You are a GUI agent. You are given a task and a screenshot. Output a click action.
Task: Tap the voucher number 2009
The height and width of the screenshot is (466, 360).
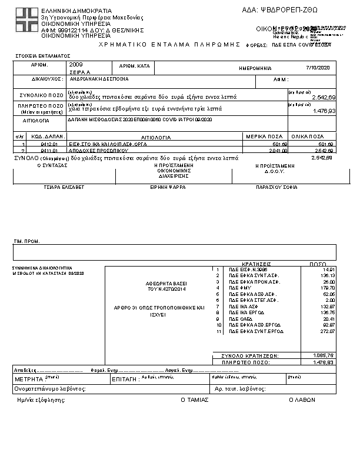pos(76,64)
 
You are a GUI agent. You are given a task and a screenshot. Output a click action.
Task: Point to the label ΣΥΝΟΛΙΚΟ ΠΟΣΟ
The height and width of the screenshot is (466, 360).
pos(39,94)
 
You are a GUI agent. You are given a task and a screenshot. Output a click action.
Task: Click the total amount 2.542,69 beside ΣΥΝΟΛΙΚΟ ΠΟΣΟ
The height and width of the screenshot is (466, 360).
pos(324,97)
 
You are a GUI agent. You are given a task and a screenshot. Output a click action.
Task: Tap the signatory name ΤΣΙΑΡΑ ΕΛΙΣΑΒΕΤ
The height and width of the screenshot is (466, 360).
pos(64,187)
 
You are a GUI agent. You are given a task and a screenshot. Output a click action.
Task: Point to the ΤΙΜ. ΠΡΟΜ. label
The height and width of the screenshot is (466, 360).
pos(26,242)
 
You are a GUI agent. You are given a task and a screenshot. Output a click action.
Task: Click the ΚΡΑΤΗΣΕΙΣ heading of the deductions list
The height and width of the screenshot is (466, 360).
pos(256,264)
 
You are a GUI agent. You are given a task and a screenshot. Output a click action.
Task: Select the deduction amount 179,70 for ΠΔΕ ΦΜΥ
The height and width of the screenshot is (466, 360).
pos(328,288)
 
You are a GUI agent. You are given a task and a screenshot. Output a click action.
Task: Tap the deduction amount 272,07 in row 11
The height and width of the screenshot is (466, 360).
pos(328,331)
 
